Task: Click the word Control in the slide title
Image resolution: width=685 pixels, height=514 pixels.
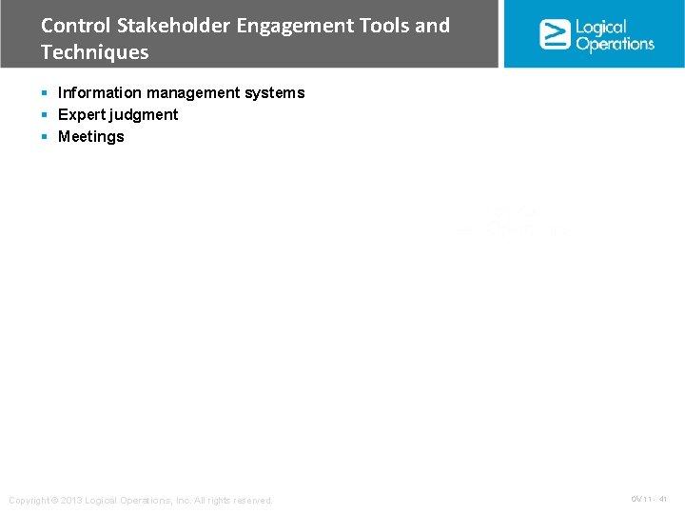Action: tap(75, 26)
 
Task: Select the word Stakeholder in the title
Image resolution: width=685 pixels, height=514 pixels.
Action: tap(170, 26)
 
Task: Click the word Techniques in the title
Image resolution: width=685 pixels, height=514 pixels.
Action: tap(95, 52)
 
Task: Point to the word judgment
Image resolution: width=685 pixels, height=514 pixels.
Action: tap(143, 114)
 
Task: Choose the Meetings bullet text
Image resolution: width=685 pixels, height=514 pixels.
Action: tap(91, 136)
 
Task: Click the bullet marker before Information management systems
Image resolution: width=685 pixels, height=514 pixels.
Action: tap(45, 92)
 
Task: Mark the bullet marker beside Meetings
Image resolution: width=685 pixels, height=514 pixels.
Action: tap(45, 136)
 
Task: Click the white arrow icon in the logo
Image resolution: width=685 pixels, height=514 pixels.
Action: tap(555, 33)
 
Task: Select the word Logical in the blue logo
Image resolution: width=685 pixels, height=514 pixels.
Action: tap(601, 27)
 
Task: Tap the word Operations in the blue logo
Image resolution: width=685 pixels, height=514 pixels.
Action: tap(615, 43)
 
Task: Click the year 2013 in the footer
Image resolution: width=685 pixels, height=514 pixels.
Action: tap(74, 501)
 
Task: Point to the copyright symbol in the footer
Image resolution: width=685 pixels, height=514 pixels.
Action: tap(53, 501)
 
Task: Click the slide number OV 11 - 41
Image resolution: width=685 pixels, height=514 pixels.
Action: tap(649, 499)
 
